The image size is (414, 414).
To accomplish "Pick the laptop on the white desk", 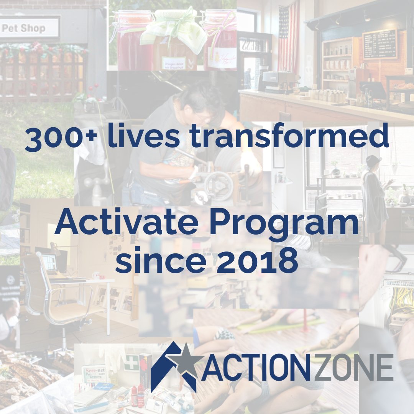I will [x=50, y=264].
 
